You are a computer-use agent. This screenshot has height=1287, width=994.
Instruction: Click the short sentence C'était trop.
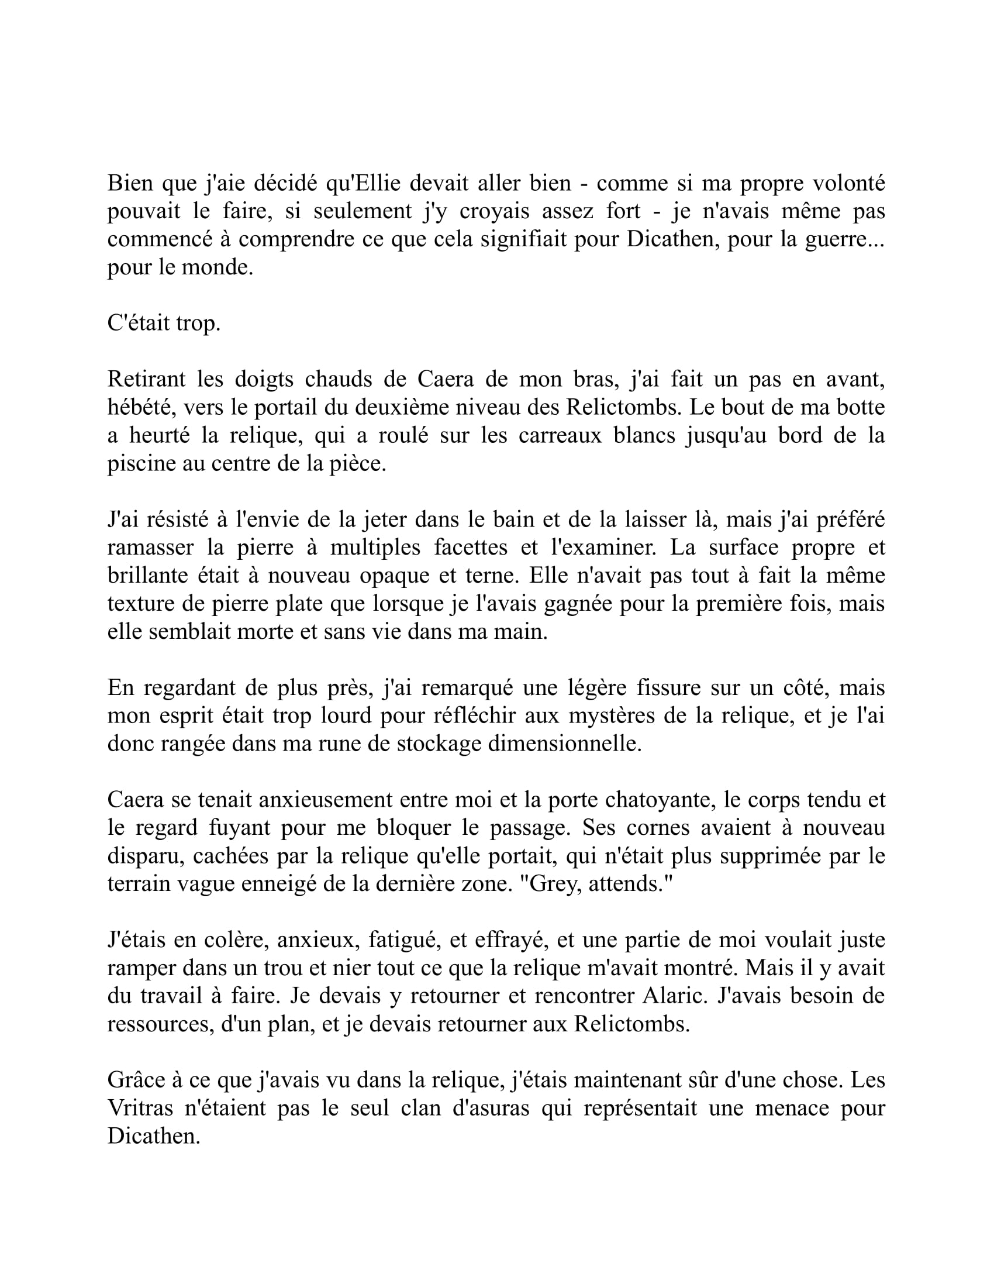point(164,323)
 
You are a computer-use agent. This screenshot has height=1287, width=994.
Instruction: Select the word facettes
point(471,548)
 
